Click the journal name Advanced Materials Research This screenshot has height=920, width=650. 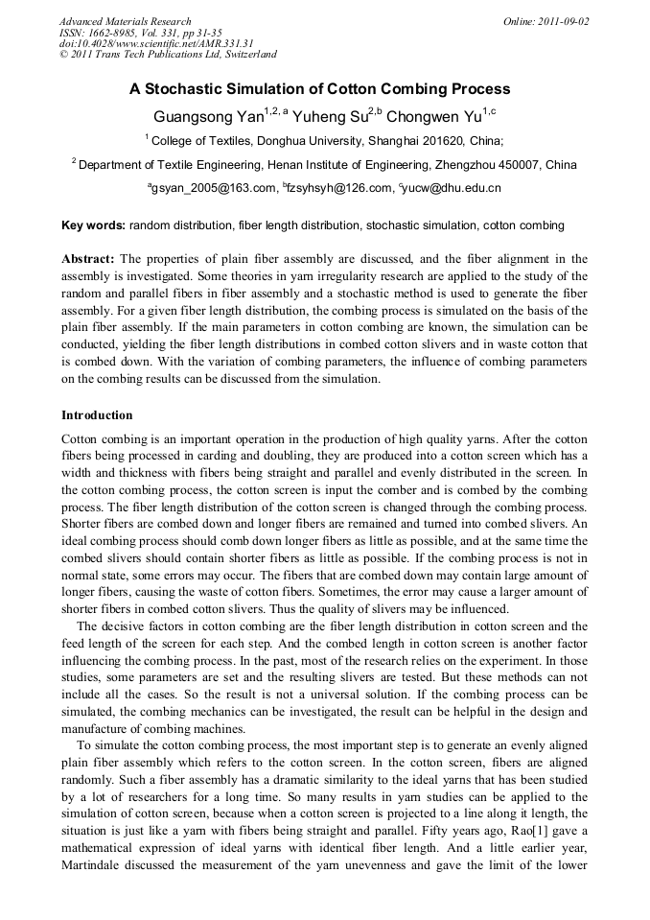(x=125, y=21)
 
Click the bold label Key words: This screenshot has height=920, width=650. (x=93, y=225)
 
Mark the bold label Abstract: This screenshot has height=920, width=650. (x=88, y=259)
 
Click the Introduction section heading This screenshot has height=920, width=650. (x=97, y=415)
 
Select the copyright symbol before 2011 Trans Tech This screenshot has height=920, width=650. (x=64, y=56)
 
